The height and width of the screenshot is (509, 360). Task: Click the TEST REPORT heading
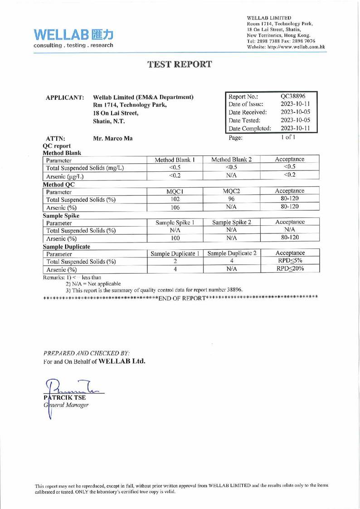coord(180,64)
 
